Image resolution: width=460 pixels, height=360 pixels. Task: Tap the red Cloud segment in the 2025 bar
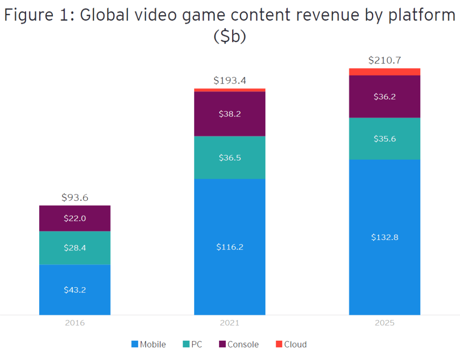[x=384, y=72]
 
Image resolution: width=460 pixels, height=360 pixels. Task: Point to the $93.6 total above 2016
[x=75, y=197]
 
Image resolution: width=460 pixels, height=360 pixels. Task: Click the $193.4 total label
[x=229, y=81]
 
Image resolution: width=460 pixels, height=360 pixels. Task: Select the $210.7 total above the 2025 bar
[x=384, y=60]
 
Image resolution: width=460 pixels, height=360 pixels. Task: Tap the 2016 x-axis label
[x=75, y=323]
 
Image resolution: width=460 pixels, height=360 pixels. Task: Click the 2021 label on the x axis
[x=229, y=323]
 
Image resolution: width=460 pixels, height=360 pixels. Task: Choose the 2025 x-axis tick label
[x=384, y=323]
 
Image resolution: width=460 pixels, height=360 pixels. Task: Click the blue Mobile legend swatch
[x=134, y=344]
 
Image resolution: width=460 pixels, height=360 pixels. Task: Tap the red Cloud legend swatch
[x=278, y=344]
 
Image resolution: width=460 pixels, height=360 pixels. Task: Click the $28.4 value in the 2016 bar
[x=75, y=248]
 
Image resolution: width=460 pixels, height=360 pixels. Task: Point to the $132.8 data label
[x=384, y=237]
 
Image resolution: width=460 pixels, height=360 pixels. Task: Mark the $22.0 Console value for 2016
[x=75, y=218]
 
